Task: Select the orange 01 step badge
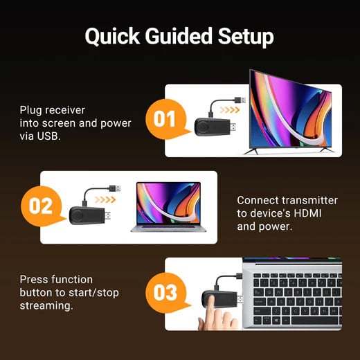(x=164, y=120)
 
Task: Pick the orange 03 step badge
(x=165, y=292)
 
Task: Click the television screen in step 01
(x=290, y=116)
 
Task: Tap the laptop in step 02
(x=166, y=206)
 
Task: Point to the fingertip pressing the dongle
(x=207, y=321)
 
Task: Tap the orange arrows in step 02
(x=105, y=199)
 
